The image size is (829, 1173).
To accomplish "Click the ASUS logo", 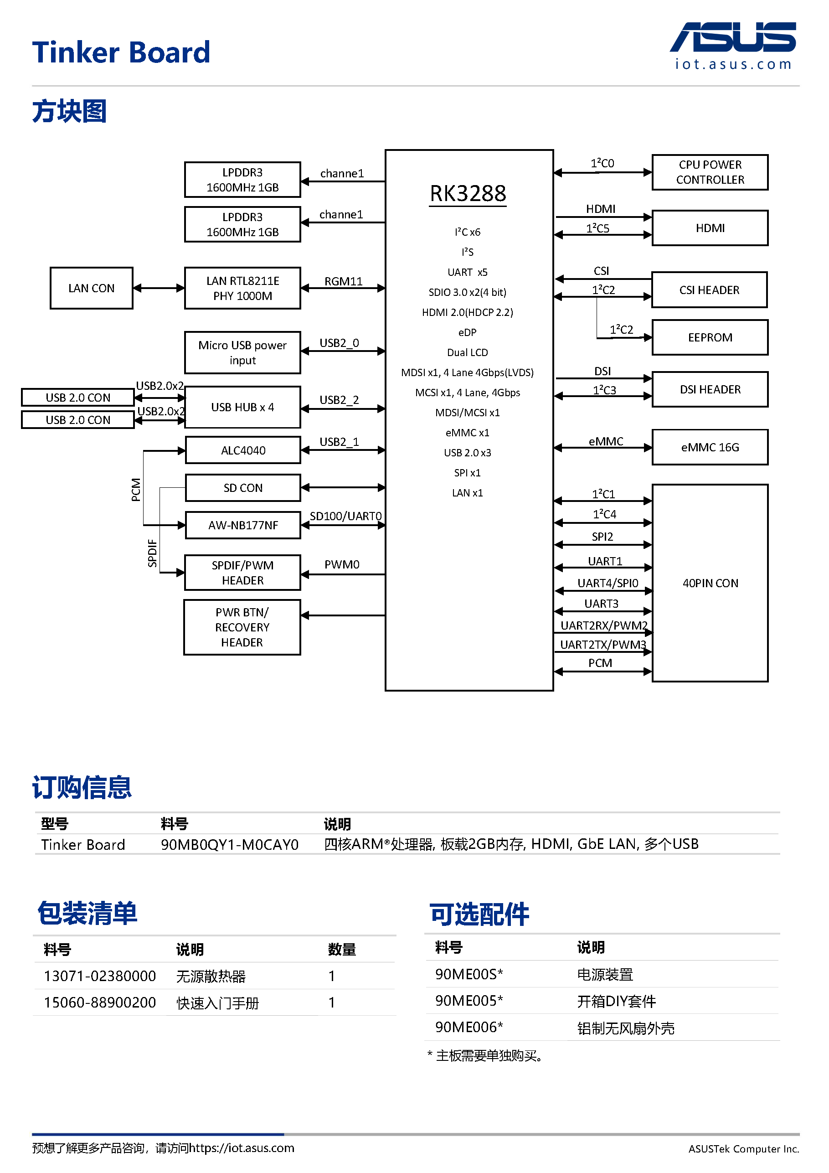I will (x=732, y=38).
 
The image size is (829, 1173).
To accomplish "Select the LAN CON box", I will (x=92, y=288).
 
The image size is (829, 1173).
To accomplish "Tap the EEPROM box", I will (x=710, y=338).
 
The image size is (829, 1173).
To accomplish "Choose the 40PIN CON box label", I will (x=710, y=584).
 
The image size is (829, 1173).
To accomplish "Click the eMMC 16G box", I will (x=710, y=448).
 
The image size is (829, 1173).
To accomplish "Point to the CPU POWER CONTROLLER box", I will (x=710, y=173).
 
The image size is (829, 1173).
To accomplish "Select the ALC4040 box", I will (x=242, y=450).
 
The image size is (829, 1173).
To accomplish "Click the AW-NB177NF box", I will (x=242, y=525).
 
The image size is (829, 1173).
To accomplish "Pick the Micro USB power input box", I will (x=242, y=352).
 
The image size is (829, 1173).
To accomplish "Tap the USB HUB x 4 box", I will (x=242, y=407).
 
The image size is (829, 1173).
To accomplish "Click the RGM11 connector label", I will (x=343, y=281).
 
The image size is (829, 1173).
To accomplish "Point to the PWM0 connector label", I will (x=342, y=564).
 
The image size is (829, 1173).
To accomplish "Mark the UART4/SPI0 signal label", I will (x=608, y=583).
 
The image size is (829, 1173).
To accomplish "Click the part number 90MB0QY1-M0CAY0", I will (x=229, y=844).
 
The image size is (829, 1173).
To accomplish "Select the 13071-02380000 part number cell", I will (x=100, y=976).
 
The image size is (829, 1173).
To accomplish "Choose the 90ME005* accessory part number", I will (x=469, y=1000).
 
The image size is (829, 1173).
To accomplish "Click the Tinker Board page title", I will (x=121, y=52).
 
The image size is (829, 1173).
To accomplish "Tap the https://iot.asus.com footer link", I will (x=241, y=1148).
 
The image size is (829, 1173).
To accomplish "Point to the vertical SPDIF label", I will (x=152, y=553).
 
